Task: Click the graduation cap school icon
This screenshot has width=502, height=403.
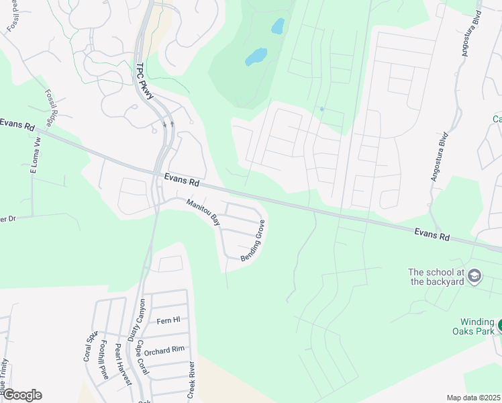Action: pyautogui.click(x=474, y=275)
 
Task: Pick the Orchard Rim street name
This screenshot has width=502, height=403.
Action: pyautogui.click(x=164, y=351)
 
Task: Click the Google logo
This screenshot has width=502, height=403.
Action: pyautogui.click(x=21, y=395)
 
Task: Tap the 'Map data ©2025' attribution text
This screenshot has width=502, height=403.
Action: pyautogui.click(x=472, y=398)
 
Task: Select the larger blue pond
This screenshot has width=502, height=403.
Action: pyautogui.click(x=256, y=56)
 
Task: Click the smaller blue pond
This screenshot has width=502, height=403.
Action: pyautogui.click(x=277, y=26)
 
